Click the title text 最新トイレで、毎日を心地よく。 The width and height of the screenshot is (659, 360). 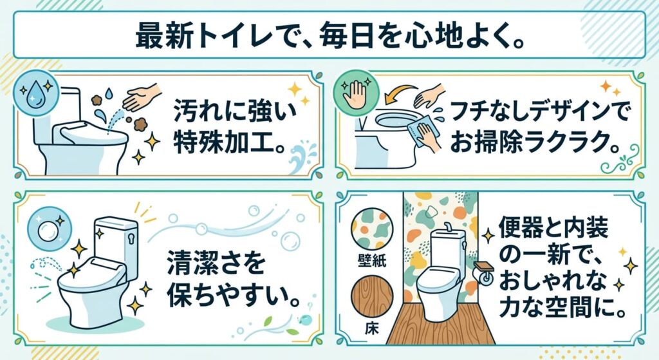[330, 36]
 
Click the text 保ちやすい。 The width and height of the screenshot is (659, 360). [234, 296]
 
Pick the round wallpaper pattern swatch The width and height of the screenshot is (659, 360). [372, 229]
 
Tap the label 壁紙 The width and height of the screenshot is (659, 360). [372, 261]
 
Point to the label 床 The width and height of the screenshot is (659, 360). [371, 328]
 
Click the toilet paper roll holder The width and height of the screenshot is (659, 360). [483, 272]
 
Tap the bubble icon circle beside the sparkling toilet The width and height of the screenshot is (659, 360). [50, 229]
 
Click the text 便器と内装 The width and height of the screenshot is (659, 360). [553, 229]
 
